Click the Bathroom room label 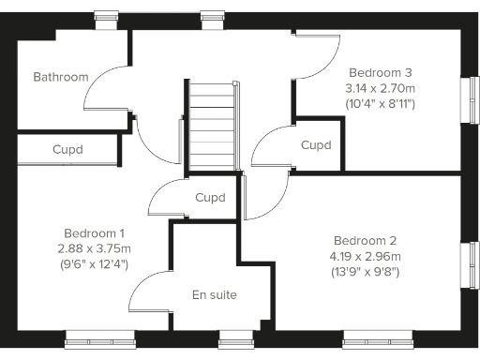[x=61, y=77]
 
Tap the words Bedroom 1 [x=95, y=232]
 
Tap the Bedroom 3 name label [x=381, y=72]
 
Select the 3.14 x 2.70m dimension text [x=381, y=87]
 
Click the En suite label [x=214, y=295]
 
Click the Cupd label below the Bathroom [x=67, y=149]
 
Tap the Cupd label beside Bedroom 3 [x=315, y=145]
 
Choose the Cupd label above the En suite [x=210, y=198]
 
